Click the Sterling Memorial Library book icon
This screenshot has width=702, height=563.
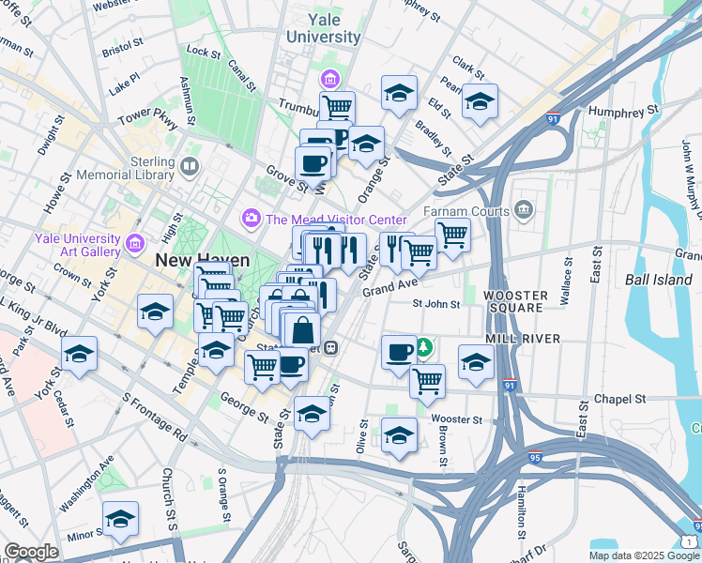click(191, 168)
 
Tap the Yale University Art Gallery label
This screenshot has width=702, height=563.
click(79, 245)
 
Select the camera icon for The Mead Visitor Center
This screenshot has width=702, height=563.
click(251, 219)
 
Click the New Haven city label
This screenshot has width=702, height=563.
click(203, 261)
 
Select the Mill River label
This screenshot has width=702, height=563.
click(523, 338)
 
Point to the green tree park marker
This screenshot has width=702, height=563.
click(424, 348)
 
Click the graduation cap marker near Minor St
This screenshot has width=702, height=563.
click(120, 520)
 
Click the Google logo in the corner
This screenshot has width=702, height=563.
click(31, 552)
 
